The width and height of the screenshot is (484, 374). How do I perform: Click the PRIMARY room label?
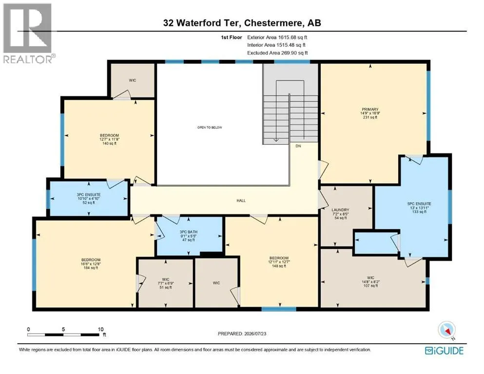370,109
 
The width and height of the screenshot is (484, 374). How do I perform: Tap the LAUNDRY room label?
341,210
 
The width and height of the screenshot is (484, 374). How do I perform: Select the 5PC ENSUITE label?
419,204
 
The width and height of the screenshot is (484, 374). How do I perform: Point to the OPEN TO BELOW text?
210,127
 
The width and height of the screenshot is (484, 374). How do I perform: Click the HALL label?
241,201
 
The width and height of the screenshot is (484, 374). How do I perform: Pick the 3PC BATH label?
188,232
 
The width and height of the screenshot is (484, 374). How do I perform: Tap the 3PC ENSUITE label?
89,195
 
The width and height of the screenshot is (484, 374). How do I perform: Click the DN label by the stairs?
298,146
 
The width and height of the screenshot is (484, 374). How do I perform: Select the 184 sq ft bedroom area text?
91,268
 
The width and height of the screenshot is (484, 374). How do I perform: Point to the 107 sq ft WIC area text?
370,286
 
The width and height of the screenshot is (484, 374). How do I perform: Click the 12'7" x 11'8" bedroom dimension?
109,139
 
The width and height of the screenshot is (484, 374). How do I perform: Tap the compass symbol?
446,330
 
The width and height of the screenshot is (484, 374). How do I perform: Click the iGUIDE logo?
444,351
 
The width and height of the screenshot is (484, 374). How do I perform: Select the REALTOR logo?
28,33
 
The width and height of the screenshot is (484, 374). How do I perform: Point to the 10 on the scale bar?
100,329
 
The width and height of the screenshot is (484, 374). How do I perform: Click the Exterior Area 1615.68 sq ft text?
277,37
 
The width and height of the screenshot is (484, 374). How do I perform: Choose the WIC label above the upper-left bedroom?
133,80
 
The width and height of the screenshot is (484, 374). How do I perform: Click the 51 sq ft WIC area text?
165,287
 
